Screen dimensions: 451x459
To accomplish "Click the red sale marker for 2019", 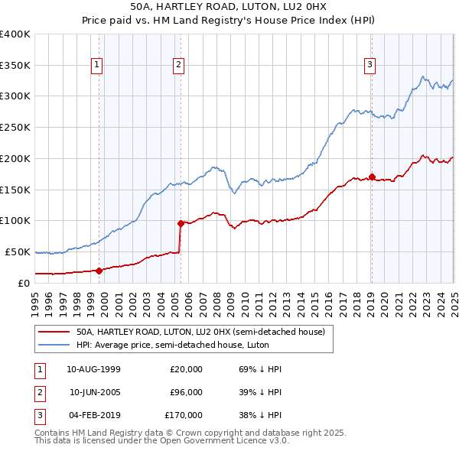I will [372, 177].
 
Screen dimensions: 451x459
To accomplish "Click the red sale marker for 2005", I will [181, 223].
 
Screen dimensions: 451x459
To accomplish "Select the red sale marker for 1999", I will [99, 270].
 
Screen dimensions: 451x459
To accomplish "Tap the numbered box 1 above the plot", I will [98, 66].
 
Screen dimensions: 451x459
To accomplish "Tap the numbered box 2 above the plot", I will [178, 66].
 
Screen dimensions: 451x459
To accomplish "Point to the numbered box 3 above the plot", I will [369, 66].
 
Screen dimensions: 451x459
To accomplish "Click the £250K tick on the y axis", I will [15, 127].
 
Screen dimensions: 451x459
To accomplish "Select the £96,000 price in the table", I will [186, 392].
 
